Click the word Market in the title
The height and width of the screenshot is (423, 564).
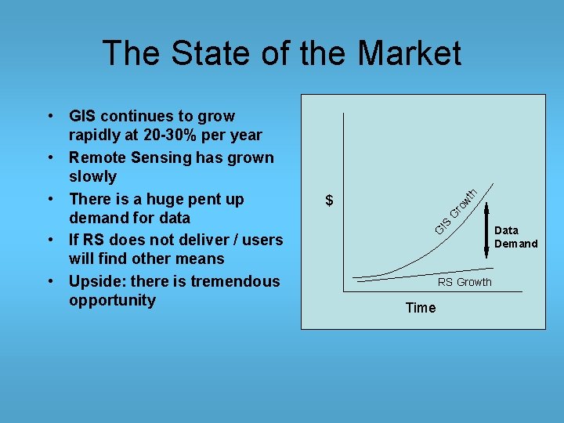[409, 53]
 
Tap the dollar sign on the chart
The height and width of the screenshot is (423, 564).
[330, 201]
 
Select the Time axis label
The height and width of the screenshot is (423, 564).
[421, 308]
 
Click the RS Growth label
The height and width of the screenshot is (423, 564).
[465, 282]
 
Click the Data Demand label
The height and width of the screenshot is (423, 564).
[515, 237]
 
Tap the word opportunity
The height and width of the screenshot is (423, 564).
[112, 301]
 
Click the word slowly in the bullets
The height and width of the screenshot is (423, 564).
[92, 177]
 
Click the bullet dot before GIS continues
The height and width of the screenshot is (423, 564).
[50, 116]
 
